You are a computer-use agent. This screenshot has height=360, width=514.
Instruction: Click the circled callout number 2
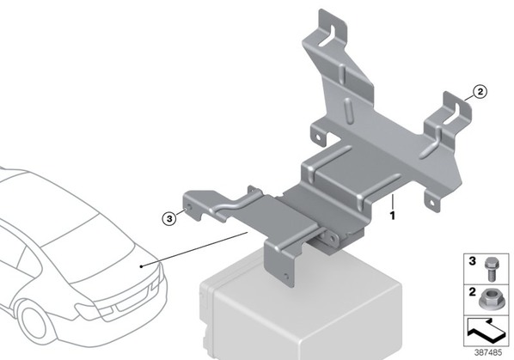[x=480, y=92]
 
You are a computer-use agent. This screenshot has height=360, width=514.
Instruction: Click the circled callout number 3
[x=169, y=218]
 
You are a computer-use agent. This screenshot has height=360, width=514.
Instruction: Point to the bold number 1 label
[x=392, y=216]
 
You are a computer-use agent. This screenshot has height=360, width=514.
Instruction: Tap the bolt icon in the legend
[x=490, y=269]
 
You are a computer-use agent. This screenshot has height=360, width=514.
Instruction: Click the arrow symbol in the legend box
[x=486, y=331]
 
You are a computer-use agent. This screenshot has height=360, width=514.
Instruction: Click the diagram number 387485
[x=488, y=352]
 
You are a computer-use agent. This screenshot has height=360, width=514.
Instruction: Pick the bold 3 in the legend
[x=472, y=261]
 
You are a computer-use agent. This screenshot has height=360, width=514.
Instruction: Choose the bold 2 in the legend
[x=472, y=291]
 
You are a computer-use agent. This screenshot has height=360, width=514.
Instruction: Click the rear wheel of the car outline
[x=34, y=321]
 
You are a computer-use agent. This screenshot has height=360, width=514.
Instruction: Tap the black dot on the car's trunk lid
[x=141, y=266]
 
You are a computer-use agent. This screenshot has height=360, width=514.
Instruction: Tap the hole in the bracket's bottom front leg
[x=286, y=276]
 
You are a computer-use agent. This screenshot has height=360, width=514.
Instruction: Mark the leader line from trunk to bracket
[x=194, y=249]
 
